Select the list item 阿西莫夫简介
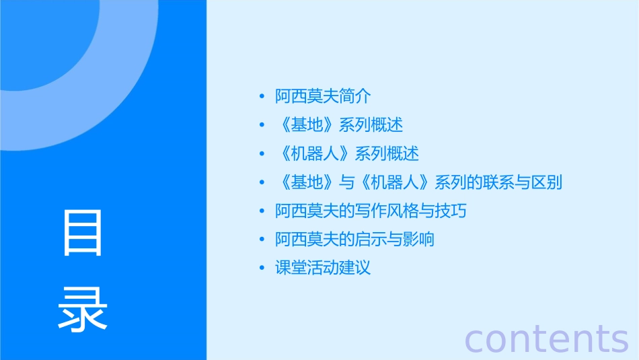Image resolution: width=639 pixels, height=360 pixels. coord(323,97)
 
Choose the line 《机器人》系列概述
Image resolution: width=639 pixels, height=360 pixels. coord(347,154)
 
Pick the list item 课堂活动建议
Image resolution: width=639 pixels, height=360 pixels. coord(323,268)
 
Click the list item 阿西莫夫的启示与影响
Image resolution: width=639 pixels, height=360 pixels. coord(354,240)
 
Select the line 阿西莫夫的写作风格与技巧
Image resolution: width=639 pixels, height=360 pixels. coord(371,211)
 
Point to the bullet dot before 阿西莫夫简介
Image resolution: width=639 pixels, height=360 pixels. coord(262,97)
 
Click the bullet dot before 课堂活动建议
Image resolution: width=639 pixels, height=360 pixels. coord(262,268)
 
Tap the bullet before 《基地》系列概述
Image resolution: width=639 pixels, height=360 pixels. coord(262,125)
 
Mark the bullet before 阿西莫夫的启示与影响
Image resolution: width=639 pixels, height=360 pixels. coord(262,240)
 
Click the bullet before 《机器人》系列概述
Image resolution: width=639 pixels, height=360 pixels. coord(262,154)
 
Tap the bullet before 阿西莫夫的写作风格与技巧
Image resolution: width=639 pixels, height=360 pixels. coord(262,211)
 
